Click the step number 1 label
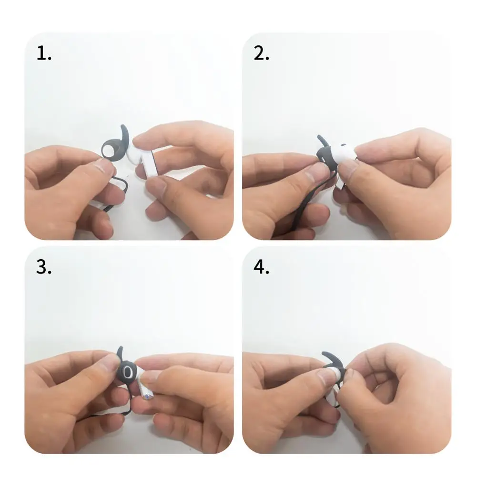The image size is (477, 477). pyautogui.click(x=44, y=54)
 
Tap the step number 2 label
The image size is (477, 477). pyautogui.click(x=261, y=54)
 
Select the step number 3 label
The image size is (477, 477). pyautogui.click(x=44, y=268)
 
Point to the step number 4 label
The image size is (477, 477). pyautogui.click(x=261, y=268)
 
